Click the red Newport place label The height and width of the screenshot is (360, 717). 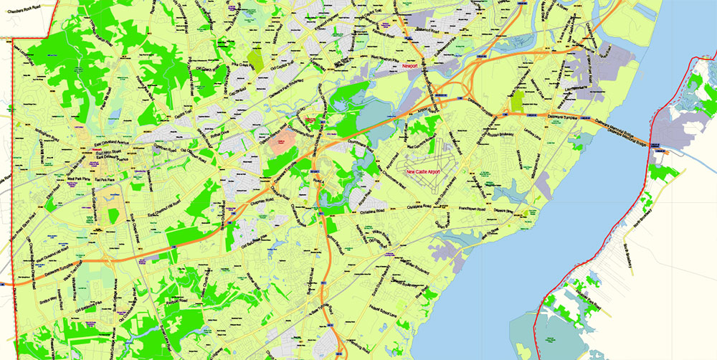pos(410,66)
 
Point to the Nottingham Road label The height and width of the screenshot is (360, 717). pos(32,132)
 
